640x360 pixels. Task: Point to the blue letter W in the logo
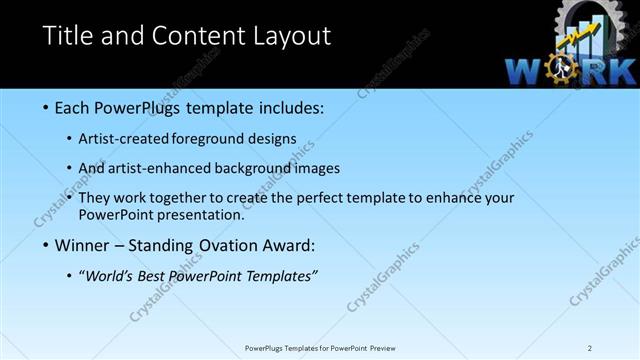526,71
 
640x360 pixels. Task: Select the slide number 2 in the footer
590,348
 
